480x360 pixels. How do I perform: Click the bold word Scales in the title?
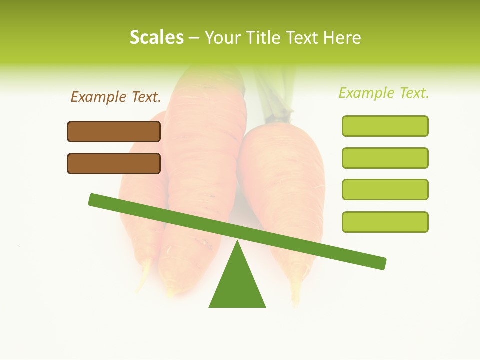point(156,37)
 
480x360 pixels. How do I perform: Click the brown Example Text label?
point(116,97)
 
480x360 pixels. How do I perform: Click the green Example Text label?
point(384,93)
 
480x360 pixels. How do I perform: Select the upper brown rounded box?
point(114,131)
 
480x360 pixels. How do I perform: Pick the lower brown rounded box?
point(114,163)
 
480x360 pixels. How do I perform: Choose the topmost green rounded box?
point(385,126)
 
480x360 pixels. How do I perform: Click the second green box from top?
point(385,158)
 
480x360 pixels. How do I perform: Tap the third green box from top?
point(385,190)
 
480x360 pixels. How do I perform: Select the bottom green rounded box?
point(385,222)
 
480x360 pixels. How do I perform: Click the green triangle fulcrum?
point(237,285)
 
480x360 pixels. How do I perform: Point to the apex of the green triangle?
point(237,242)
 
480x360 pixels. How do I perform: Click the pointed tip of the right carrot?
point(296,302)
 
